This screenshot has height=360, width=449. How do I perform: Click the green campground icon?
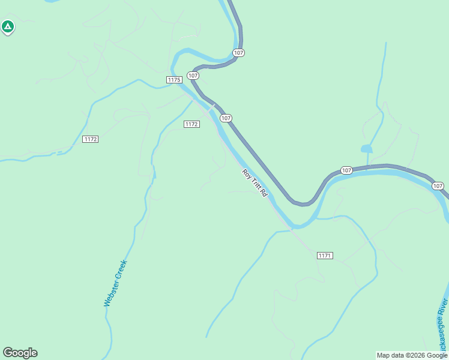(8, 26)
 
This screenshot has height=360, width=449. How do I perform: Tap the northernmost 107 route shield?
(239, 53)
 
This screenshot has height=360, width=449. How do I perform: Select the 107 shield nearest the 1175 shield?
(193, 75)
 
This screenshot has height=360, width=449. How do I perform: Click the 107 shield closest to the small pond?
(346, 170)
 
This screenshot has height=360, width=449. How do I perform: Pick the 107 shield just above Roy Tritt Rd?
(226, 118)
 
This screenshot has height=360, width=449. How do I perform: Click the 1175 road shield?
(174, 80)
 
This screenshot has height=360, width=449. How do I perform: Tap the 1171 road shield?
(325, 256)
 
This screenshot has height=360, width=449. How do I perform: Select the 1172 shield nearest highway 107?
(191, 124)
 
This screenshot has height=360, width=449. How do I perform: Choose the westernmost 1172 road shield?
(91, 139)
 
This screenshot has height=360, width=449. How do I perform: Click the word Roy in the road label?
(246, 173)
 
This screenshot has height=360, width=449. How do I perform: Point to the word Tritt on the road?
(255, 184)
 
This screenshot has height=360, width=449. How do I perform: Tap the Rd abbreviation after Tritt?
(264, 193)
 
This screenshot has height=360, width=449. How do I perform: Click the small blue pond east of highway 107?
(367, 148)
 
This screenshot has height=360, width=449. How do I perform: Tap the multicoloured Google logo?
(20, 353)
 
